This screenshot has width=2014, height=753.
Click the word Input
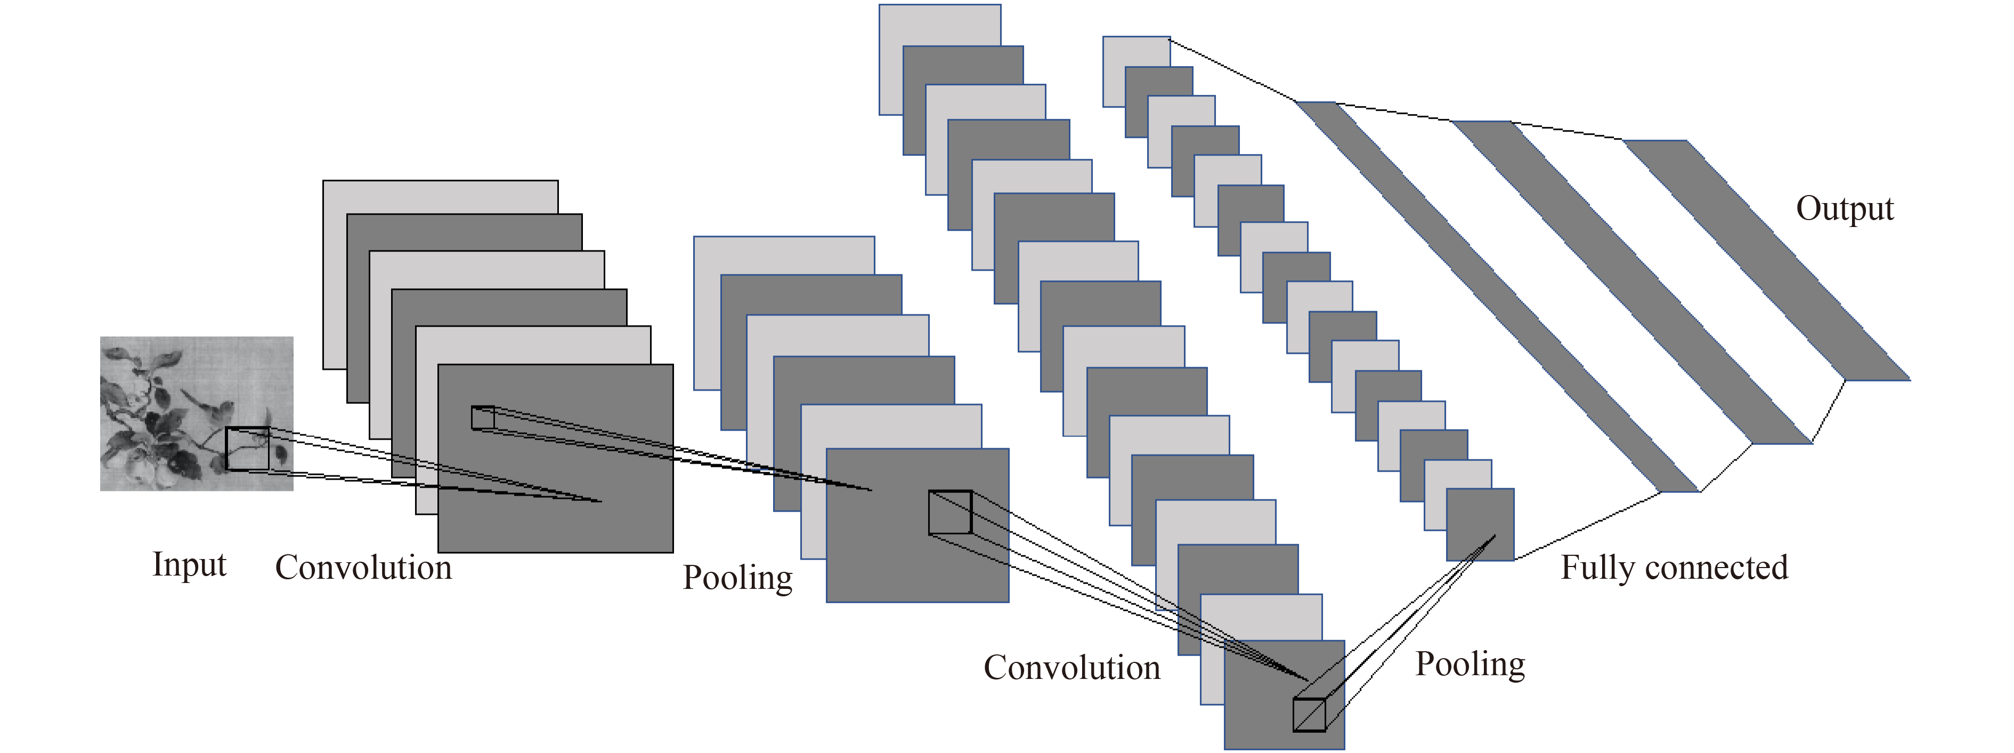click(189, 564)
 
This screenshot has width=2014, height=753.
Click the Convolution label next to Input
click(363, 568)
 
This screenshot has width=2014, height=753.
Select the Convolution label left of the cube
click(1072, 668)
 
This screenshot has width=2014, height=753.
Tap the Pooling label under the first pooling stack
click(737, 578)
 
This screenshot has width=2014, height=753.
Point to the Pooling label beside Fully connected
click(1470, 664)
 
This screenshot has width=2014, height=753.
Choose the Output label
click(1845, 209)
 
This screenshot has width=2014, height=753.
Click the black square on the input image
click(247, 449)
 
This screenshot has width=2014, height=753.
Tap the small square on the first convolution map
click(482, 418)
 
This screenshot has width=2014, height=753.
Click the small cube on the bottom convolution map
click(1310, 714)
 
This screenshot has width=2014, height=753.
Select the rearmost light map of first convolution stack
click(438, 196)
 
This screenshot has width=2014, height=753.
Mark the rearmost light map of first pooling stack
click(782, 254)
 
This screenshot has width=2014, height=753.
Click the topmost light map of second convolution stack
click(938, 23)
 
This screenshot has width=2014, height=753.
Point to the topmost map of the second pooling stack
click(1135, 51)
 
